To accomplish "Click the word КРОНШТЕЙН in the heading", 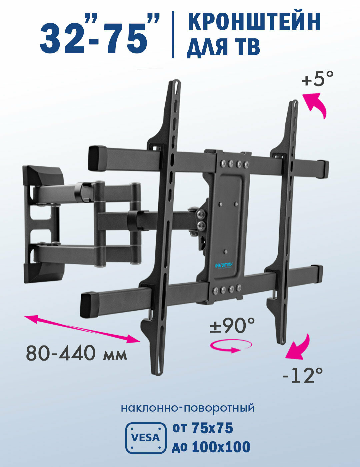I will click(254, 21).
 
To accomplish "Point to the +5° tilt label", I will click(317, 80).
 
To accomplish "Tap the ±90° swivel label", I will click(232, 325).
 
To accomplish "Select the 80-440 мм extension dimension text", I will click(76, 353).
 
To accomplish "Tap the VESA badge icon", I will click(146, 438).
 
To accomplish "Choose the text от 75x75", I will click(202, 428).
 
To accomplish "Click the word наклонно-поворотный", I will click(188, 408).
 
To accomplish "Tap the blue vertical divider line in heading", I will click(173, 34).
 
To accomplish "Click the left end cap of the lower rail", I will click(89, 304).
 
